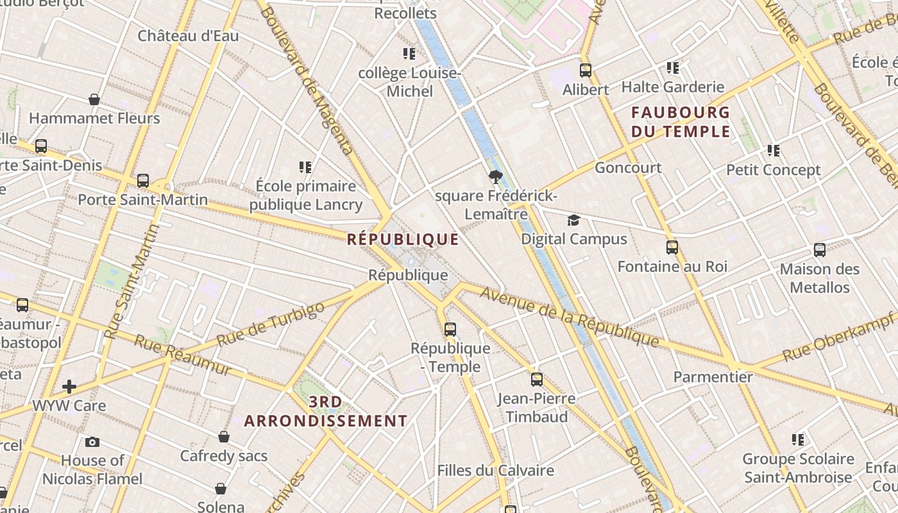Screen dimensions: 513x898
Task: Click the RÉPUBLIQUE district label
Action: [x=403, y=240]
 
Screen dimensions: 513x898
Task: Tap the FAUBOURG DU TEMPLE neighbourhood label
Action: [x=681, y=122]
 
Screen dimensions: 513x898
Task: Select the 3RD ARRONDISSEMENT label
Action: [x=325, y=412]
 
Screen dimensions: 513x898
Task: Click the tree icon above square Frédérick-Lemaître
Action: [x=495, y=177]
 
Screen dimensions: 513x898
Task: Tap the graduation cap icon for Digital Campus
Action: [x=573, y=221]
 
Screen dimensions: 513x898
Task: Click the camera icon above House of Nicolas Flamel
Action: [x=92, y=442]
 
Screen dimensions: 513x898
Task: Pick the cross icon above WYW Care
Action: [x=69, y=387]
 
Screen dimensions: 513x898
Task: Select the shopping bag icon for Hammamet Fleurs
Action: [x=94, y=99]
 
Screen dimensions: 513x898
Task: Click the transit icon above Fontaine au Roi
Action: [x=672, y=248]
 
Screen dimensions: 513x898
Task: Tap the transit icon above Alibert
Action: [x=585, y=71]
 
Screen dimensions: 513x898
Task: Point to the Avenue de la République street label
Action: [x=569, y=316]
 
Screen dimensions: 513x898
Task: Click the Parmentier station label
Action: [x=713, y=376]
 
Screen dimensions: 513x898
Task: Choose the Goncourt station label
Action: [x=628, y=168]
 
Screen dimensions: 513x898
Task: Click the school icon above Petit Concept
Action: [x=774, y=151]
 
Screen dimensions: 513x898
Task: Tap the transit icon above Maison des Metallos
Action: [x=819, y=250]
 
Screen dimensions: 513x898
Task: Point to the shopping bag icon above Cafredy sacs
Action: [x=224, y=437]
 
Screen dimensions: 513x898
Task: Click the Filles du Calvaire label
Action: [x=495, y=470]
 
